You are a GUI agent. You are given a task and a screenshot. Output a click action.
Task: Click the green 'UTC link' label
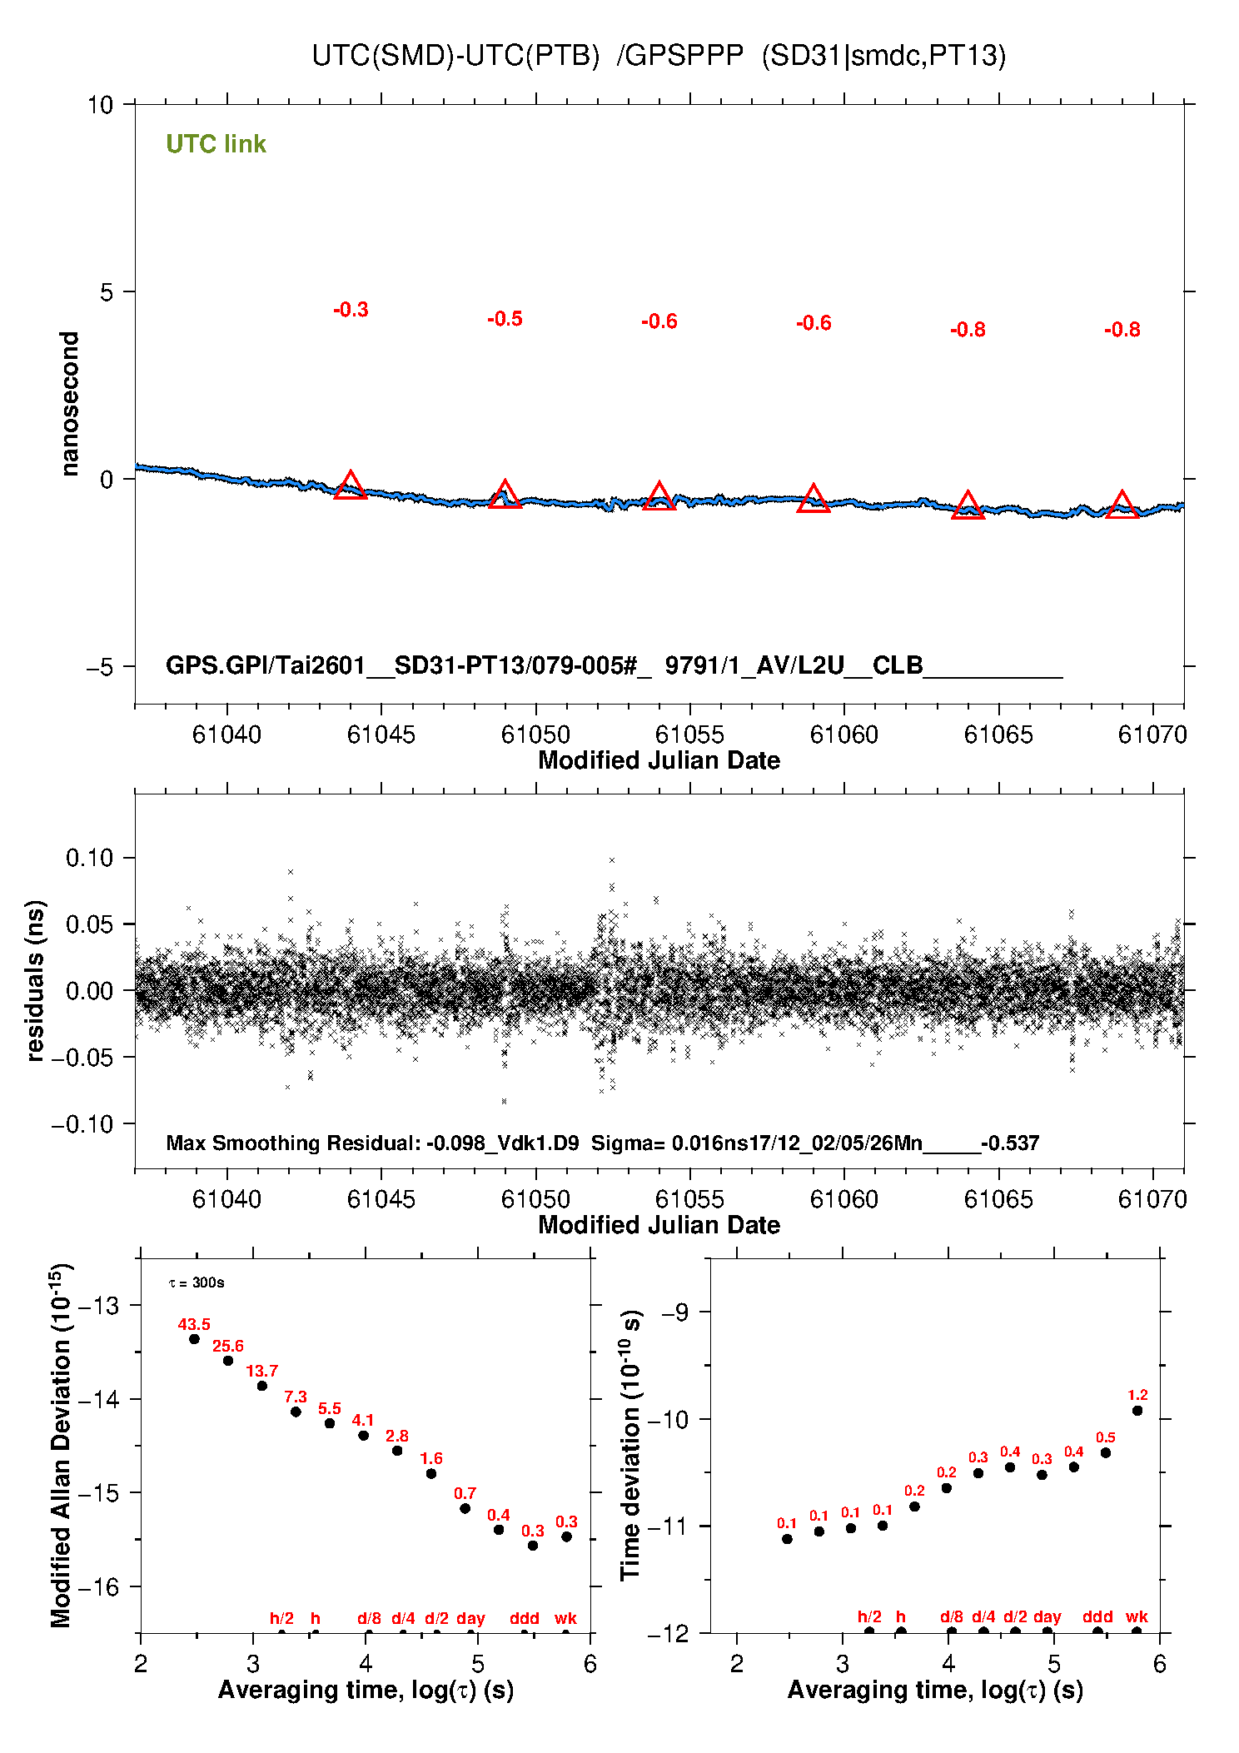pyautogui.click(x=216, y=144)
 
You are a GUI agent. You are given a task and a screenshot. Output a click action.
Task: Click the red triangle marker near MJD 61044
pyautogui.click(x=351, y=486)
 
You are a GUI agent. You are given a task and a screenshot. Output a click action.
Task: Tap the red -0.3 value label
pyautogui.click(x=351, y=310)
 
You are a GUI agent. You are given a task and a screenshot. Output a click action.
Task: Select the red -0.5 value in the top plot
pyautogui.click(x=505, y=319)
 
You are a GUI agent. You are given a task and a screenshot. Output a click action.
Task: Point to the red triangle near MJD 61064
pyautogui.click(x=968, y=505)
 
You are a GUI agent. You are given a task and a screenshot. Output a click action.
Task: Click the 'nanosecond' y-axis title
pyautogui.click(x=70, y=404)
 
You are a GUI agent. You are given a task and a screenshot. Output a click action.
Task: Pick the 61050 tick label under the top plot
pyautogui.click(x=535, y=735)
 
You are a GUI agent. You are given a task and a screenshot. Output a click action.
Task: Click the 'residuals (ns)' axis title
pyautogui.click(x=35, y=980)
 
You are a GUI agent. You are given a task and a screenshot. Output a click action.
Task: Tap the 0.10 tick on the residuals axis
pyautogui.click(x=89, y=858)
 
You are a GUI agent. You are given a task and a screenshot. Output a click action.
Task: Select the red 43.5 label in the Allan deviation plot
pyautogui.click(x=194, y=1324)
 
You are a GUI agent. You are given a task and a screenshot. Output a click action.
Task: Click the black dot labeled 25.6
pyautogui.click(x=228, y=1361)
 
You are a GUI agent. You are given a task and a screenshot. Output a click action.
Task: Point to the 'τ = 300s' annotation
pyautogui.click(x=197, y=1282)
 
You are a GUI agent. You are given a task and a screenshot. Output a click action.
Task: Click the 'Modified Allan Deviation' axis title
pyautogui.click(x=60, y=1445)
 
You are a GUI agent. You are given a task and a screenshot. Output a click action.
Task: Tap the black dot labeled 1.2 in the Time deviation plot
pyautogui.click(x=1137, y=1411)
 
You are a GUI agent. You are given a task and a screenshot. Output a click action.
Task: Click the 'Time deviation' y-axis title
pyautogui.click(x=630, y=1445)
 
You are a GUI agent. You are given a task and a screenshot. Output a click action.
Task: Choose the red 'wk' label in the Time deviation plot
pyautogui.click(x=1137, y=1616)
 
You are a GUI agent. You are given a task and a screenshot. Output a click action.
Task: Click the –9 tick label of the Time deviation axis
pyautogui.click(x=674, y=1312)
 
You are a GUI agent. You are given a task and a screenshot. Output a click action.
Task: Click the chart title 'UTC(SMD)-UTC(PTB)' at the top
pyautogui.click(x=455, y=56)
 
